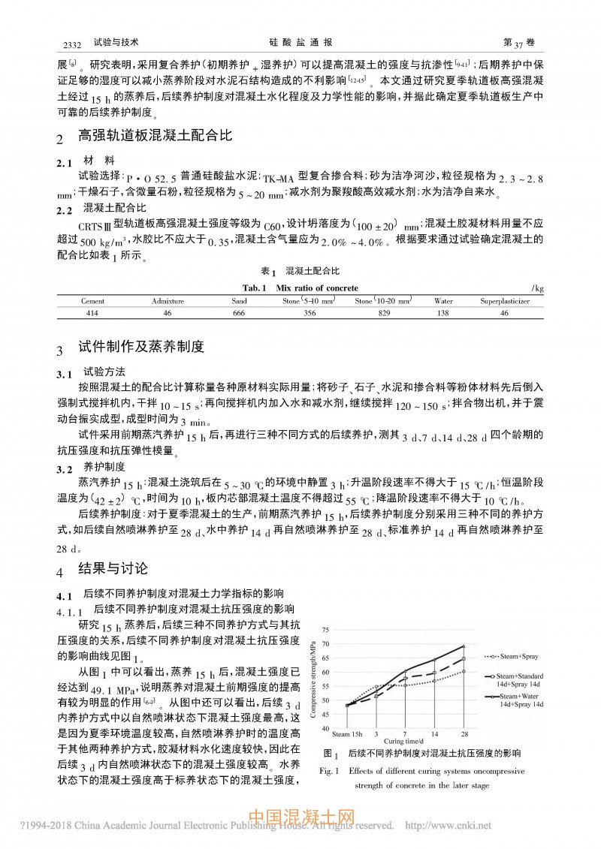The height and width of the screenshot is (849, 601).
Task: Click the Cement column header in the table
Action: (93, 300)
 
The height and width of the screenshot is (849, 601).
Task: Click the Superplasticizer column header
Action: (505, 300)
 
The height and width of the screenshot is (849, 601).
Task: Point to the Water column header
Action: (443, 300)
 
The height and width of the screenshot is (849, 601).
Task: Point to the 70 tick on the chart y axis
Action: (325, 644)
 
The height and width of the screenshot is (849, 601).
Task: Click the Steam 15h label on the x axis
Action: (347, 733)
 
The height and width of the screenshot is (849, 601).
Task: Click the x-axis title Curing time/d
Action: (406, 742)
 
